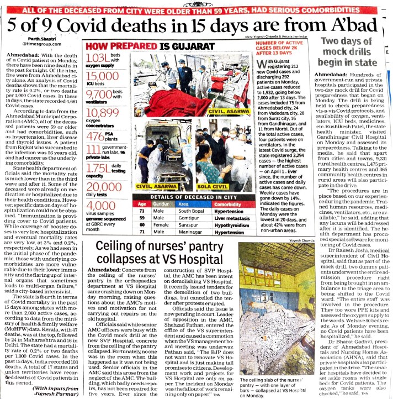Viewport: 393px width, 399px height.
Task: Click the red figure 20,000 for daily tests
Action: [x=104, y=187]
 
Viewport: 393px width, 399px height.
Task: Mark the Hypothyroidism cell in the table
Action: [x=230, y=225]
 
